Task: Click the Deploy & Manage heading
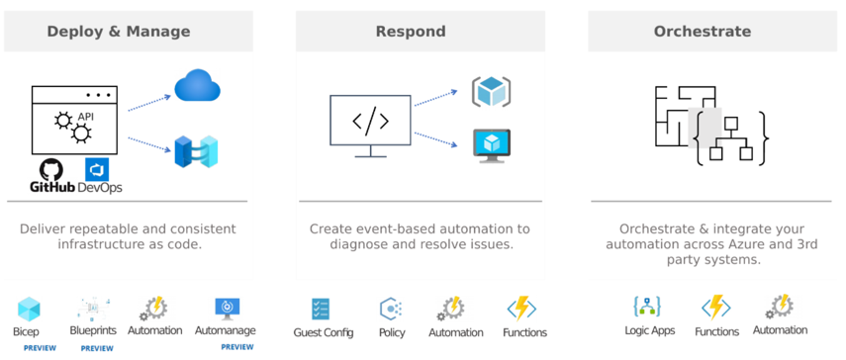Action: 119,32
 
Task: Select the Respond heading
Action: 411,32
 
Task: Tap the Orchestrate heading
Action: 702,32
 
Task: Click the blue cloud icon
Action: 196,86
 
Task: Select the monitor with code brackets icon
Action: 370,125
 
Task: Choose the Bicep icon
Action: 29,309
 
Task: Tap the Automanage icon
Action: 227,308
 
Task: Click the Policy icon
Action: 391,309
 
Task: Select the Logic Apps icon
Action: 648,307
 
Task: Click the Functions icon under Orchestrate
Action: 715,308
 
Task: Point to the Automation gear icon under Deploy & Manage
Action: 153,309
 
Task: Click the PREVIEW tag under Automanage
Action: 237,347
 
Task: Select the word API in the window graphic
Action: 85,118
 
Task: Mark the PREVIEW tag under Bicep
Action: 40,348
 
